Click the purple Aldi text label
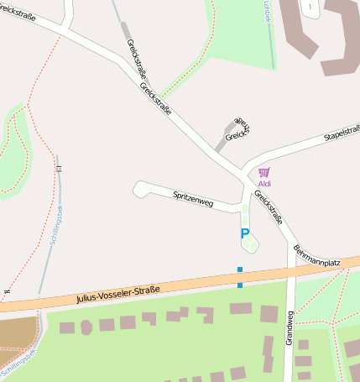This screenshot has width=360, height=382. (x=264, y=183)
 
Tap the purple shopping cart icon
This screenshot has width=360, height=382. (x=264, y=172)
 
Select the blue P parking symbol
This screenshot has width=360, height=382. (x=245, y=234)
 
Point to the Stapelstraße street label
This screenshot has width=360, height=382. (x=342, y=133)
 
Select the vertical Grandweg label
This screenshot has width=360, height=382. (x=290, y=327)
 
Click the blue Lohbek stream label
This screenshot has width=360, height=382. (x=268, y=10)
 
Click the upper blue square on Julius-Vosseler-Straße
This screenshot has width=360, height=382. (x=240, y=270)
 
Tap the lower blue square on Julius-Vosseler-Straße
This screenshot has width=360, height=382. (x=240, y=285)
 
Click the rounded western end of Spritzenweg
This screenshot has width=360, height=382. (x=138, y=189)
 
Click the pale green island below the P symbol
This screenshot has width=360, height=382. (x=250, y=245)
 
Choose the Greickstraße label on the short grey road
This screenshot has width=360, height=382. (x=238, y=128)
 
